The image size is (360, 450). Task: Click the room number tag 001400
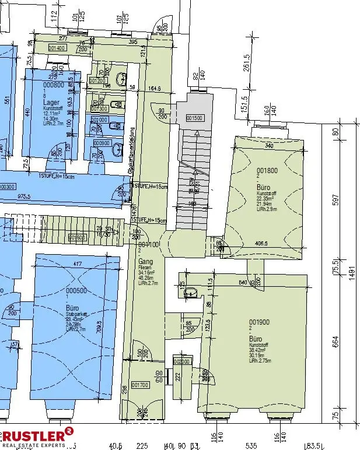pyautogui.click(x=57, y=48)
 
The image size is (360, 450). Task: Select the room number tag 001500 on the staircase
pyautogui.click(x=194, y=118)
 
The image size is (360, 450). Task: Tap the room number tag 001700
pyautogui.click(x=141, y=385)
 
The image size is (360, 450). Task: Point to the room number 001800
pyautogui.click(x=267, y=171)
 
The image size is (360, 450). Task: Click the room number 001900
pyautogui.click(x=259, y=322)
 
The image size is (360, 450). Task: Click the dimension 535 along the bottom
pyautogui.click(x=251, y=445)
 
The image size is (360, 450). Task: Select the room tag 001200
pyautogui.click(x=97, y=80)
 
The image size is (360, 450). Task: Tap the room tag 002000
pyautogui.click(x=183, y=362)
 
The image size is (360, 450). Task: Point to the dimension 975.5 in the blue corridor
pyautogui.click(x=25, y=196)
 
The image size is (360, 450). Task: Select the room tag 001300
pyautogui.click(x=100, y=108)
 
